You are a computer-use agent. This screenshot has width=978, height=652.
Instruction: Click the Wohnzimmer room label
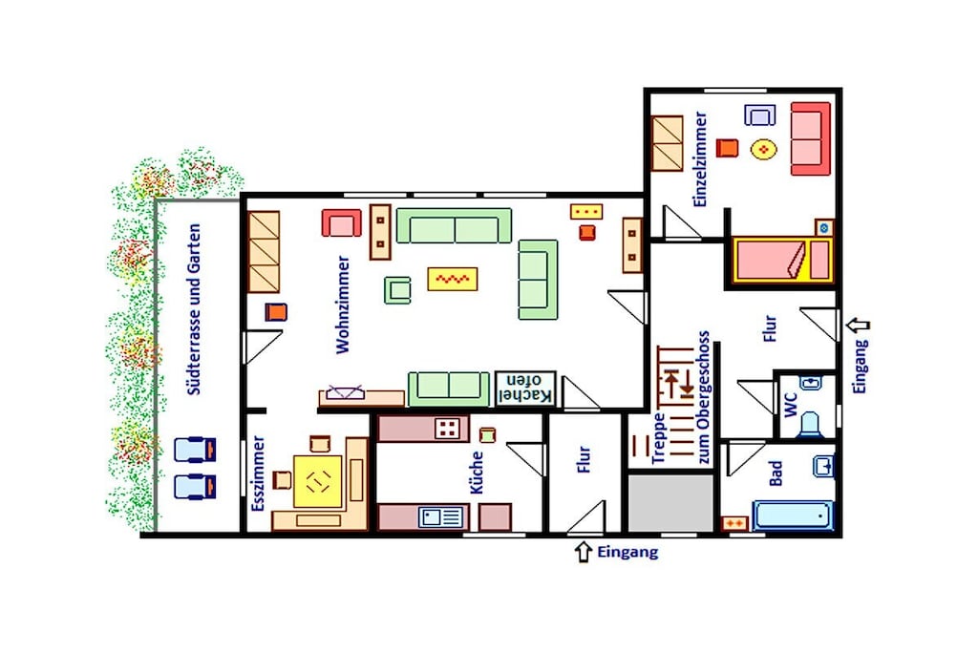coord(343,305)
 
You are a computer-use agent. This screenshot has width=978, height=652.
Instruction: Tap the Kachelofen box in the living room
coord(524,389)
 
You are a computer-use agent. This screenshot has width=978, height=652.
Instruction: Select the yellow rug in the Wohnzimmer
coord(452,279)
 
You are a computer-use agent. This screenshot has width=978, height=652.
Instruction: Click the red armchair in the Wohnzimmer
coord(341,223)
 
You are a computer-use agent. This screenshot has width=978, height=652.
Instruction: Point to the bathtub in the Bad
coord(793,515)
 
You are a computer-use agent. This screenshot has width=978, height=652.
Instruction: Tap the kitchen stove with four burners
coord(447,429)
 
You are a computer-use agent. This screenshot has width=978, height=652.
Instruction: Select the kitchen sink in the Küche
coord(441,516)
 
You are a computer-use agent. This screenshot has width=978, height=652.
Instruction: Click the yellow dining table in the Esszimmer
coord(317,480)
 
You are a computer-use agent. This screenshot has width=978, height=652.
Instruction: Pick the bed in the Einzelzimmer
coord(783,260)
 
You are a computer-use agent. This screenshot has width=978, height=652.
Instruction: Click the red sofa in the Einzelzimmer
coord(811,139)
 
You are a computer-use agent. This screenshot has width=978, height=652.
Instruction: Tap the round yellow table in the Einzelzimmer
coord(763,150)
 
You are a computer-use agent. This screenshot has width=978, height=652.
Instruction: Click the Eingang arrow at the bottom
coord(584,553)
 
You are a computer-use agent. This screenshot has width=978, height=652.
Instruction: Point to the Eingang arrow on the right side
coord(859,325)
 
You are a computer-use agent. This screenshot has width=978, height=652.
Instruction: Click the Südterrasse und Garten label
coord(195,309)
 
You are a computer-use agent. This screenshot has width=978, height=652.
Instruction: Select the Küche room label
coord(477,473)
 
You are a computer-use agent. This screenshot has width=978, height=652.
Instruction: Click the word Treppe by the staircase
coord(659,439)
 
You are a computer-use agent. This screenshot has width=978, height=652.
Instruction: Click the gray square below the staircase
coord(670,504)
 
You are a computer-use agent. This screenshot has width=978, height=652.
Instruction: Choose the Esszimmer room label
coord(258,473)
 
